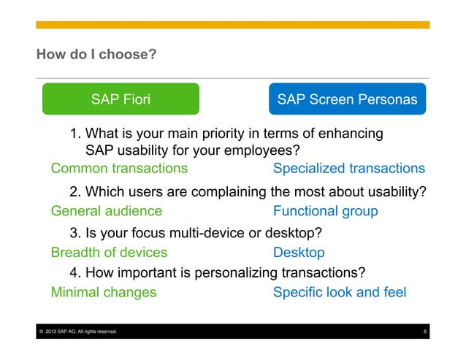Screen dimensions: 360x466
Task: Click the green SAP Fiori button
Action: (121, 99)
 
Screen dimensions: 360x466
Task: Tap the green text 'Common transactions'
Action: (119, 169)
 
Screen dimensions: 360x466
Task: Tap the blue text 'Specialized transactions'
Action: (348, 169)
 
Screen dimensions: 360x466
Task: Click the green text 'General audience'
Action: (106, 211)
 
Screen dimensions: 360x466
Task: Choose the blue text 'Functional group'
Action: (325, 211)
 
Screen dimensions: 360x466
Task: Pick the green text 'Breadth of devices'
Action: (109, 253)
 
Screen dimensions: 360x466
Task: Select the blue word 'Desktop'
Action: (299, 253)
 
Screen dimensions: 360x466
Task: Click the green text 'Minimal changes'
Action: (103, 293)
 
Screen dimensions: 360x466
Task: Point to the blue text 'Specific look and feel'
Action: (339, 293)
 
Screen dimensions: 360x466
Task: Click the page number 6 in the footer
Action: (424, 333)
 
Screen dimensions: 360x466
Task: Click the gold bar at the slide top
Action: (233, 25)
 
